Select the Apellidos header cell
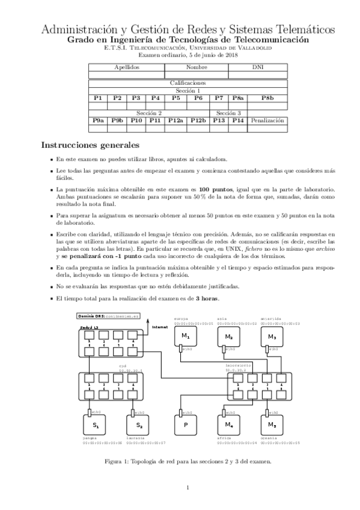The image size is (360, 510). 127,67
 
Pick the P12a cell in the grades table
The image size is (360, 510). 175,120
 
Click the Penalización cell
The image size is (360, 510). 266,120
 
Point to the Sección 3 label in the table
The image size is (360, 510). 228,112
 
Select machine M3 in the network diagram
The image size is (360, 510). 272,336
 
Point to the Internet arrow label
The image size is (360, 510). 160,327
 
